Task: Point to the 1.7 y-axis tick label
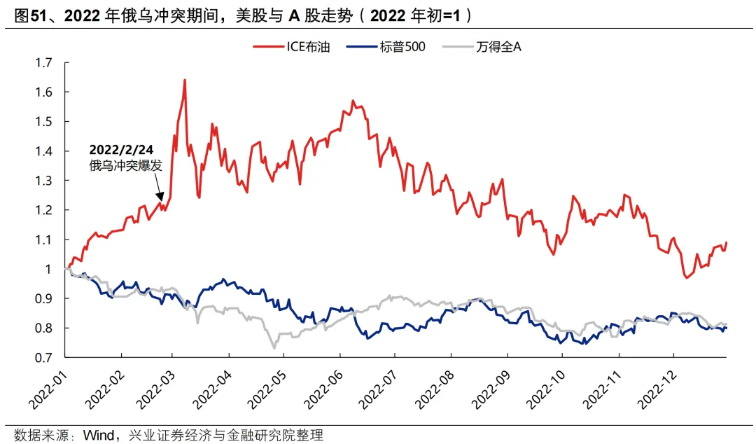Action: point(43,63)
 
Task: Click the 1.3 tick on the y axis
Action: point(43,181)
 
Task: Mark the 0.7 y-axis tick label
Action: point(43,358)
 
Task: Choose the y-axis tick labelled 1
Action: point(48,270)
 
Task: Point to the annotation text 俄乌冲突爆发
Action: point(121,166)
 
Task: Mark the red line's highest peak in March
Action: point(185,80)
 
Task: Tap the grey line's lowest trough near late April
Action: point(274,348)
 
